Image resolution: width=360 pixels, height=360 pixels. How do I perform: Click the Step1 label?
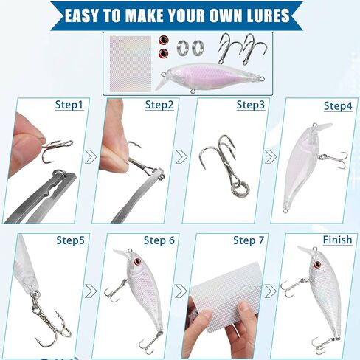[x=69, y=105]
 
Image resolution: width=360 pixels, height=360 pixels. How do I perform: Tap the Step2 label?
[x=159, y=105]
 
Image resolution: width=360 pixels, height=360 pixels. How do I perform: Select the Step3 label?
[x=251, y=105]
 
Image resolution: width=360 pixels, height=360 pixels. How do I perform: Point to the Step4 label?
[x=338, y=106]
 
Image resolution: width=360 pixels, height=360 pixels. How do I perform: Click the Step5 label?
[x=70, y=240]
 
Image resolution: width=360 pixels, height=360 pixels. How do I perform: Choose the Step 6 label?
[x=159, y=240]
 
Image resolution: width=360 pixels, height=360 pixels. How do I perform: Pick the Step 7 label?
[x=249, y=240]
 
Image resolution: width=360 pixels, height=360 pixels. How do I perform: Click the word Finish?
[x=337, y=240]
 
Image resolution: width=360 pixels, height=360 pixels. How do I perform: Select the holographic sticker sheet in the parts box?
[x=130, y=63]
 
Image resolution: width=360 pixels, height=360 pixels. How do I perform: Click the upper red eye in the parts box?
[x=163, y=39]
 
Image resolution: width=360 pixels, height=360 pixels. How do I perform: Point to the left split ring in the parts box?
[x=183, y=47]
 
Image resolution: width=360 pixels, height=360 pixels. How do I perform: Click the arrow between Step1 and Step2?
[x=91, y=157]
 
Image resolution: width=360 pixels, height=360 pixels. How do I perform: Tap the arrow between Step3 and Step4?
[x=271, y=157]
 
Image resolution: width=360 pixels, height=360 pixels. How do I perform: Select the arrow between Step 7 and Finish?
[x=271, y=291]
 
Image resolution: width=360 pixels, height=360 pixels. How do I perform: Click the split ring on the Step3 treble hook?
[x=243, y=190]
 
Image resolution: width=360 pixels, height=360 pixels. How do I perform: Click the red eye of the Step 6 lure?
[x=137, y=262]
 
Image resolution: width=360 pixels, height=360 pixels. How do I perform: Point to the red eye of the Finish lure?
[x=318, y=265]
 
